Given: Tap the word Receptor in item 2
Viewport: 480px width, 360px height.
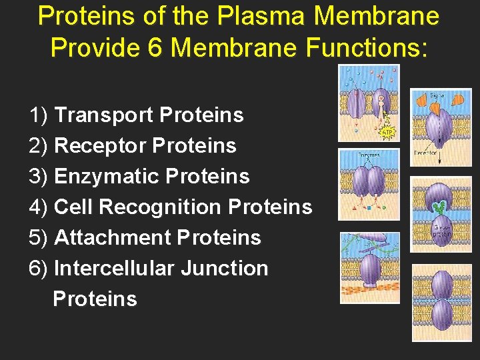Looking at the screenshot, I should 100,146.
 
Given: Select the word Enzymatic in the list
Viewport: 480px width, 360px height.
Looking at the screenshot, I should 105,177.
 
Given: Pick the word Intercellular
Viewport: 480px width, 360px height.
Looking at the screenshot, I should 114,269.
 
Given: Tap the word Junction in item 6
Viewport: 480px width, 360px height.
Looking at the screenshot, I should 225,269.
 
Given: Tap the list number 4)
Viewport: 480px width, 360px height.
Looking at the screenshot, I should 39,207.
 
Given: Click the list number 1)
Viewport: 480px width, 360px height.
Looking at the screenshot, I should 39,115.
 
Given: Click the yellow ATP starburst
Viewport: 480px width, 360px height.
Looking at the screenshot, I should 387,132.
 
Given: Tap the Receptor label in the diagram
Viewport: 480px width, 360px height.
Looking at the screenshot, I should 425,153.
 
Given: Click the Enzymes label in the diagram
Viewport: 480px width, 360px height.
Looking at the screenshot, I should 369,155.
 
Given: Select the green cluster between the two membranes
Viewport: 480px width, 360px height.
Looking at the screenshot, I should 438,207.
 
